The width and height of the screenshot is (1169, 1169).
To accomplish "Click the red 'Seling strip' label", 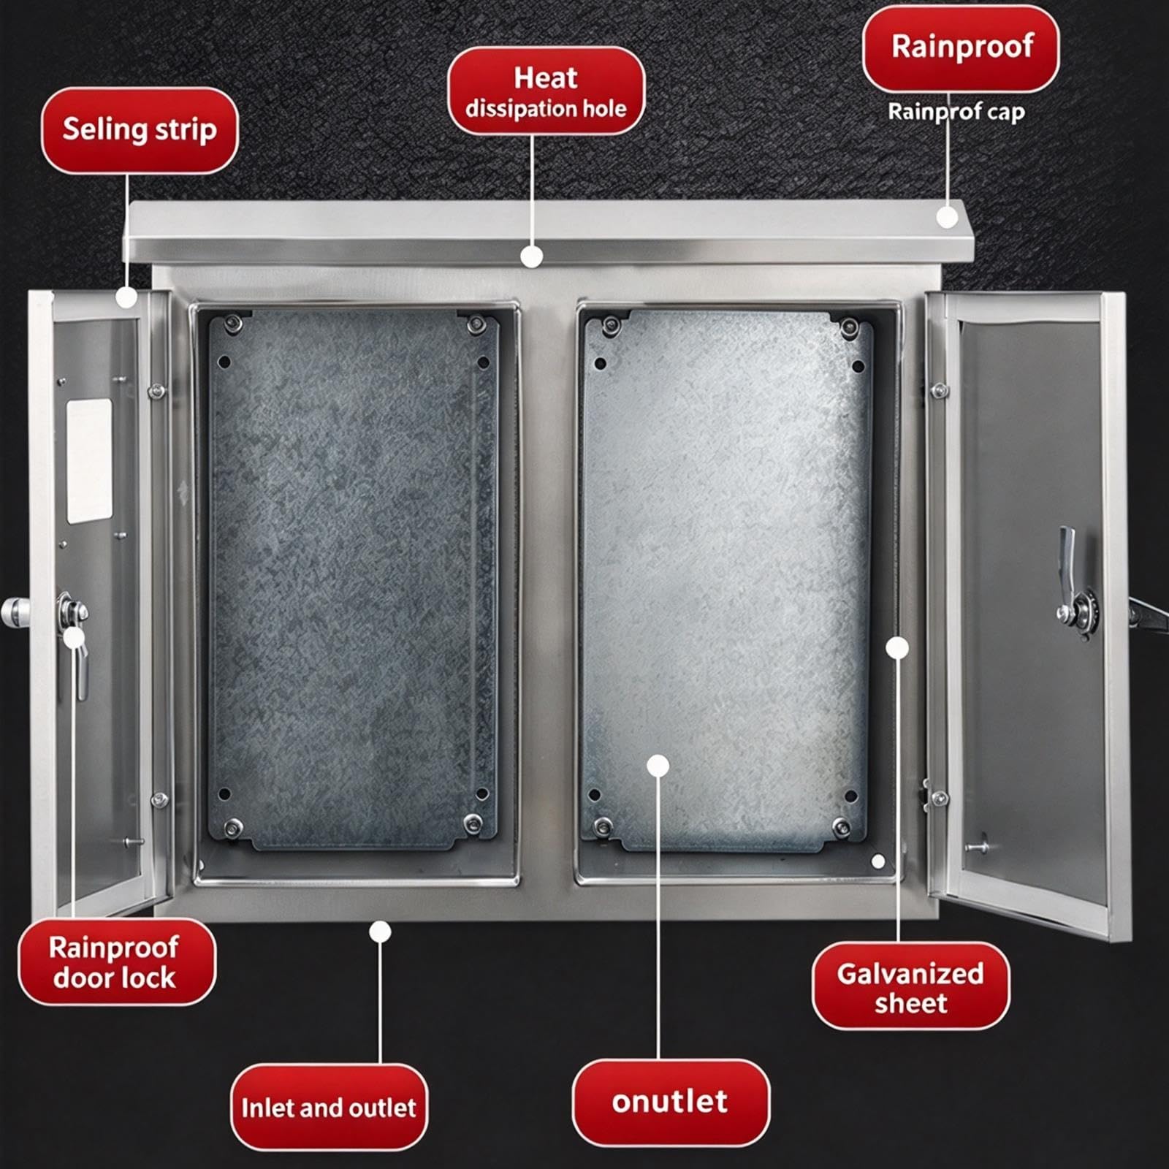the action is (140, 130).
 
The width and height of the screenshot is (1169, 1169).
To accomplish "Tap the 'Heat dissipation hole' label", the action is (546, 91).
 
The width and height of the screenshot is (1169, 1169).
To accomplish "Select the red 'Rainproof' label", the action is (961, 47).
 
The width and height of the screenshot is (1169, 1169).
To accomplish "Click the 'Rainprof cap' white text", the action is (956, 112).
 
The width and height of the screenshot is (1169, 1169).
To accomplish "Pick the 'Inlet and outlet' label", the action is (329, 1108).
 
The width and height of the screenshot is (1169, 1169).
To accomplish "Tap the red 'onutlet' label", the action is (671, 1102).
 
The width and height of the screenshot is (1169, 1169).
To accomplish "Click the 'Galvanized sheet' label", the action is (910, 986).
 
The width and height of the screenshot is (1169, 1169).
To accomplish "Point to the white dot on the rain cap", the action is (948, 217).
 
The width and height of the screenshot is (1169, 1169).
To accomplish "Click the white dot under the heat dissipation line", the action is (532, 256).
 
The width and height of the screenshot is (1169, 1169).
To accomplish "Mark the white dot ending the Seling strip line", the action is (126, 297).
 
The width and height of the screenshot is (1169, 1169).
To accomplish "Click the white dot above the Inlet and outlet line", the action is (380, 932).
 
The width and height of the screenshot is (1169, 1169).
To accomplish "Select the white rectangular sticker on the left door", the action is (89, 461).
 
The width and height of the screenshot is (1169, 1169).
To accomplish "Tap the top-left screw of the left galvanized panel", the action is (234, 321).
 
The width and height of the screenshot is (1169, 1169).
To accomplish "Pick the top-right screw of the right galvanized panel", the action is (849, 326).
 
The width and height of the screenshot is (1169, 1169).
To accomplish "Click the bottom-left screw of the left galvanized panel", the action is (232, 828).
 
